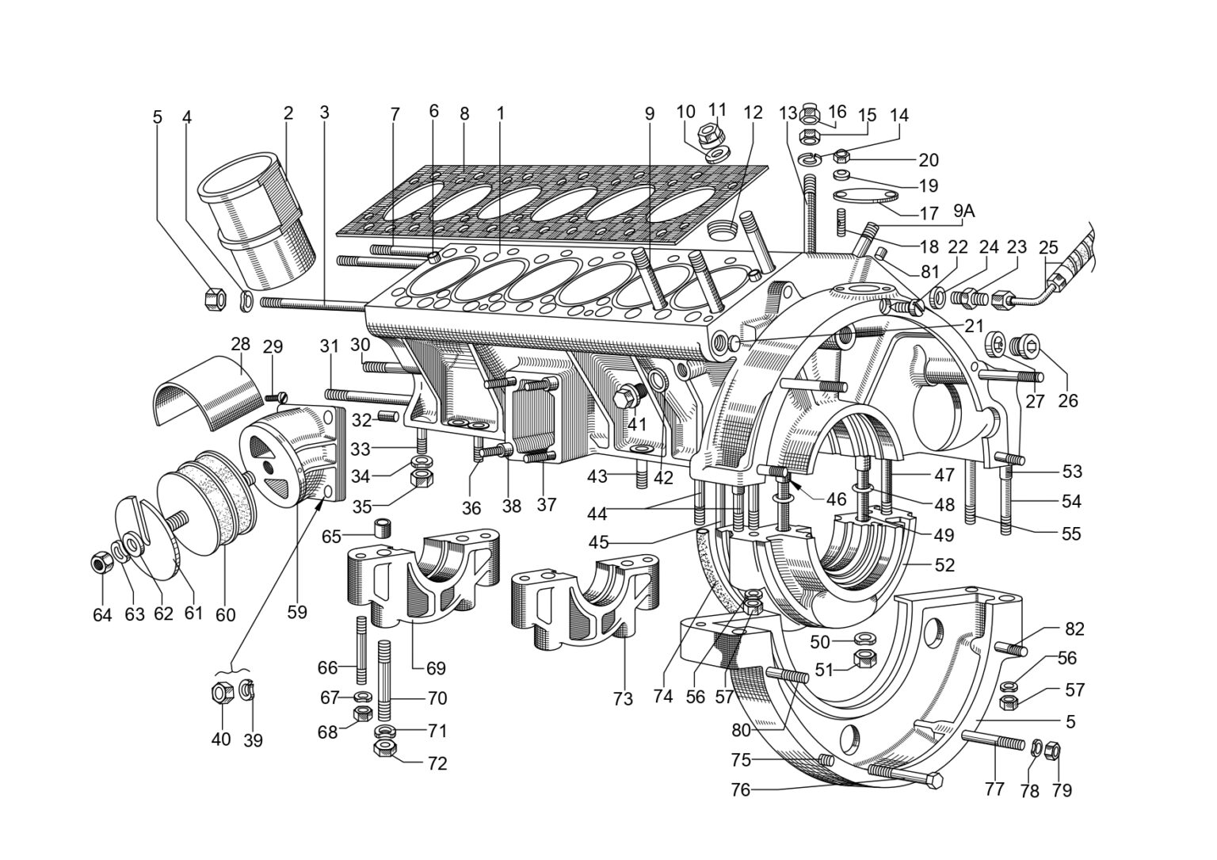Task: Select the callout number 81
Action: (x=929, y=271)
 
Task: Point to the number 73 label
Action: (x=623, y=699)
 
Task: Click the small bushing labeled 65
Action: (x=383, y=527)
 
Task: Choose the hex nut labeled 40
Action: (x=222, y=692)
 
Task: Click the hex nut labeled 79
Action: (x=1052, y=750)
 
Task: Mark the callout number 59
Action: (x=297, y=612)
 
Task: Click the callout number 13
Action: (x=788, y=113)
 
